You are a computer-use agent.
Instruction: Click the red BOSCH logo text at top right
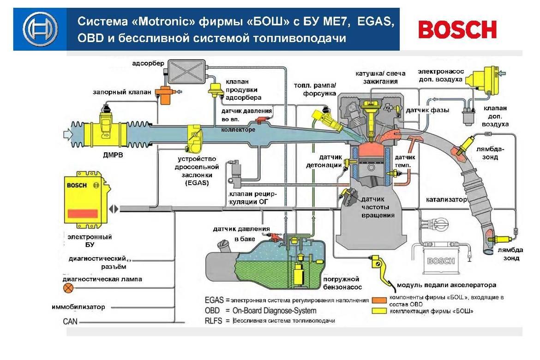pyautogui.click(x=457, y=30)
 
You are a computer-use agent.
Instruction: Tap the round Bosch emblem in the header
pyautogui.click(x=41, y=29)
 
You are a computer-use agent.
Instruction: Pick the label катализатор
pyautogui.click(x=447, y=200)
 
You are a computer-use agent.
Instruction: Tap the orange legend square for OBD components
pyautogui.click(x=379, y=300)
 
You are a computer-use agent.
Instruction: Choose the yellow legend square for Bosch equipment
pyautogui.click(x=379, y=312)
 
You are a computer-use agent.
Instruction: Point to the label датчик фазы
pyautogui.click(x=427, y=111)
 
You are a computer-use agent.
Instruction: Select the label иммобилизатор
pyautogui.click(x=78, y=307)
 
